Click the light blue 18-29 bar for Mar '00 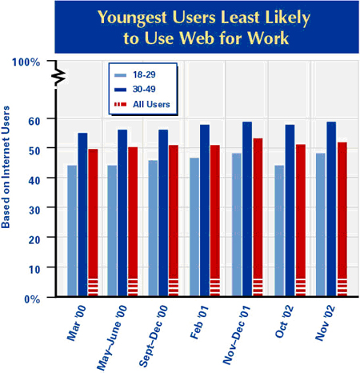(x=72, y=232)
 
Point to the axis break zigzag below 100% (x=58, y=78)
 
